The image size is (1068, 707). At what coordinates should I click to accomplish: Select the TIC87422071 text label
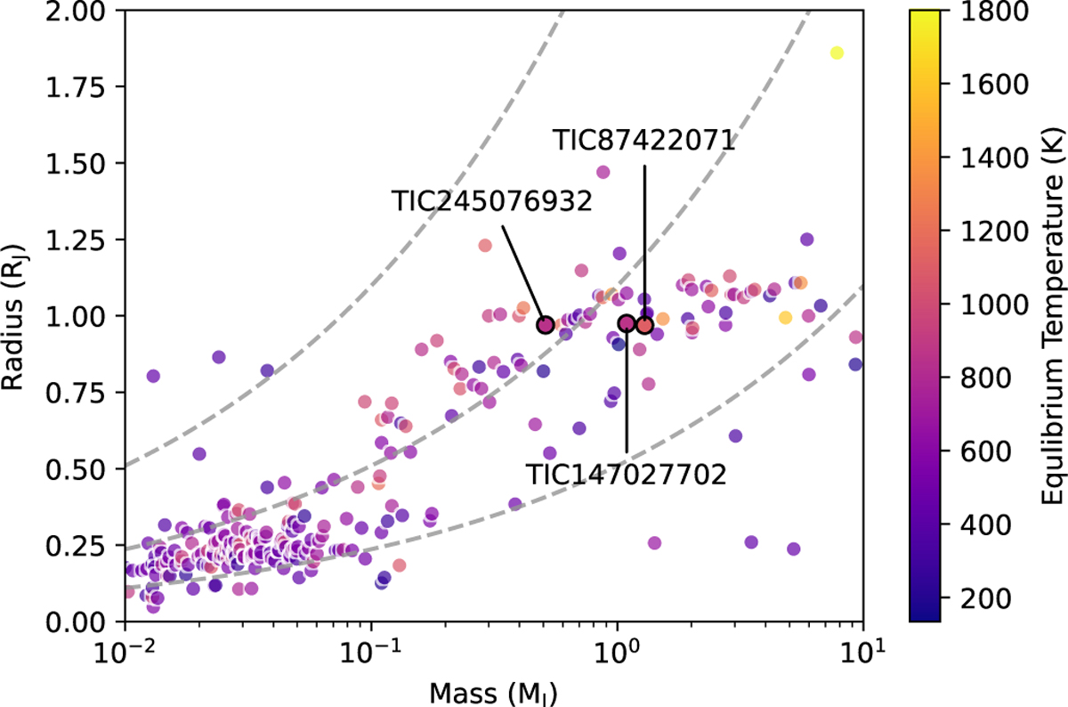tap(643, 141)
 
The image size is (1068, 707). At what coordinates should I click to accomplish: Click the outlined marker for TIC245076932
tap(546, 325)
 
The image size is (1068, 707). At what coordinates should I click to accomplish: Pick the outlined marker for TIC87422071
tap(644, 325)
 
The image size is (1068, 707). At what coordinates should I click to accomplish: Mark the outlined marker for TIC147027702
tap(627, 323)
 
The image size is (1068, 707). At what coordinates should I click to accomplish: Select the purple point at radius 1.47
tap(603, 172)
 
